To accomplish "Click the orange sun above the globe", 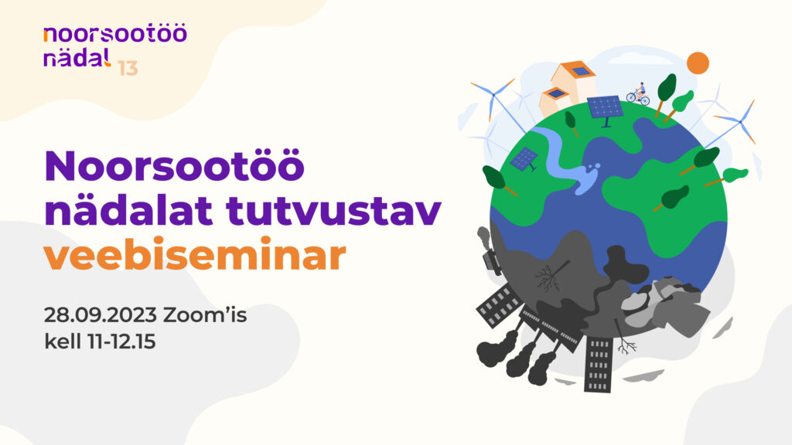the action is [x=698, y=63].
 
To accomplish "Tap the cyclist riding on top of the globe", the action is [x=637, y=94].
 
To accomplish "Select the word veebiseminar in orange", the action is [x=195, y=254].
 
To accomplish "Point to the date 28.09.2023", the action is [x=101, y=315].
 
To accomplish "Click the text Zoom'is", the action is [x=205, y=315].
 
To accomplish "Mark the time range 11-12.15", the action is [x=121, y=341].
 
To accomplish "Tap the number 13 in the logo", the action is [x=128, y=68].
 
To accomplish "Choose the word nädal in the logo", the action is [x=77, y=57].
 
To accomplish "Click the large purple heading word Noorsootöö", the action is [x=175, y=165].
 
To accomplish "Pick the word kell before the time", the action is [x=63, y=341].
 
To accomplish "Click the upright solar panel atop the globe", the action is [x=605, y=110].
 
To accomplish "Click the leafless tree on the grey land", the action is [x=551, y=276].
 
